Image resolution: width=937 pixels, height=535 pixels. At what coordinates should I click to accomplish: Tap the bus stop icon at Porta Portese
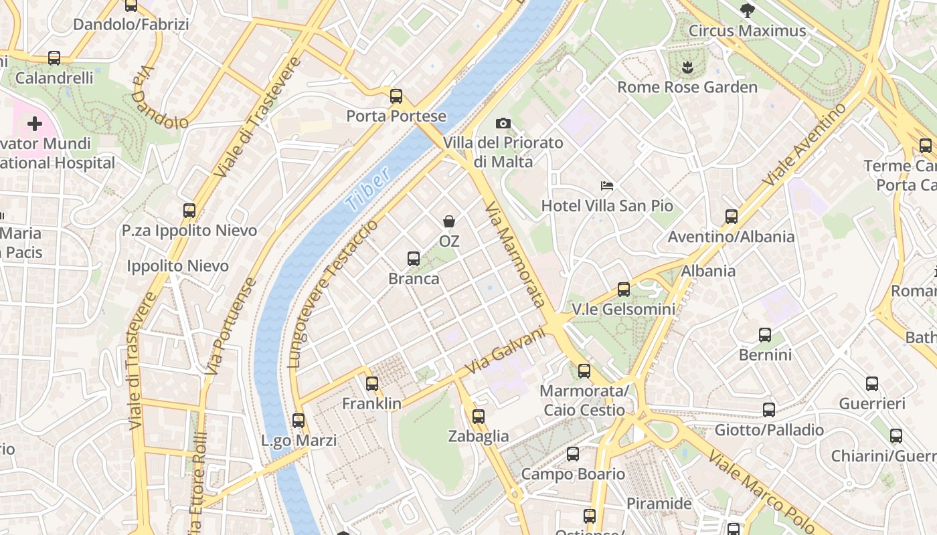point(396,96)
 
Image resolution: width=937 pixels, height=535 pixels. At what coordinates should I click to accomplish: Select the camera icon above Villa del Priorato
point(503,123)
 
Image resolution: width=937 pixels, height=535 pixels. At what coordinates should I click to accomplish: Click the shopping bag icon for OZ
point(449,221)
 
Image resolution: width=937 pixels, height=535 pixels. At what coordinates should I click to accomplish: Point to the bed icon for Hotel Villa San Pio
point(607,186)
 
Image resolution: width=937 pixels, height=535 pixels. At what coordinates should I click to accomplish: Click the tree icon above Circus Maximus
point(747,11)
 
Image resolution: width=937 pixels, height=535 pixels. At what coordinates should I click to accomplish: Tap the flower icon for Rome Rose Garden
point(687,67)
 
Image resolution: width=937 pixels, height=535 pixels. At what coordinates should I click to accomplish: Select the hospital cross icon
point(35,124)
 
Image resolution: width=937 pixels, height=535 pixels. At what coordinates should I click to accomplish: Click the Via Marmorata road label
point(514,254)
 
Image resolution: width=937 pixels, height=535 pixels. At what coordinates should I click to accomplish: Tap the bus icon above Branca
point(414,258)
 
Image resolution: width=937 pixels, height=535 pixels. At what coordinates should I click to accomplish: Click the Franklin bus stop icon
point(372,384)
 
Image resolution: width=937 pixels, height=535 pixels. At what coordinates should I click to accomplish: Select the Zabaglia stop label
point(478,436)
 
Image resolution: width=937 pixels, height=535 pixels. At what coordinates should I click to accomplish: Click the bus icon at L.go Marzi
point(299,421)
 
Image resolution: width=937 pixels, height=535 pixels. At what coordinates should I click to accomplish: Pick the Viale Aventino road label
point(804,145)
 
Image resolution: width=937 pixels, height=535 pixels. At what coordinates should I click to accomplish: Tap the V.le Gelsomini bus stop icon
point(624,290)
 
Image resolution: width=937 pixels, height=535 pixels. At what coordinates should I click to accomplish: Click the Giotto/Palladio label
point(769,429)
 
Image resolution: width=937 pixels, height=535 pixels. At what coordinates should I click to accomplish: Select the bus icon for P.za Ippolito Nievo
point(189,211)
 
